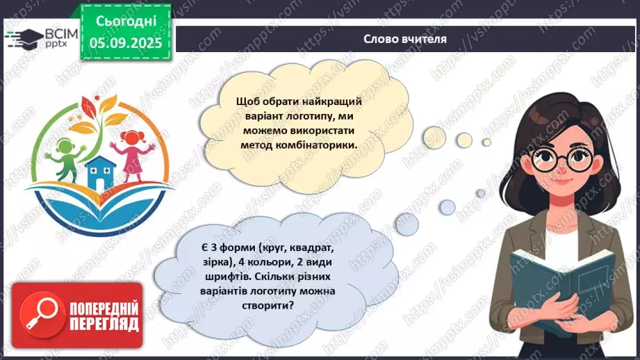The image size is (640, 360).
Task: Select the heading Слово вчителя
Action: click(x=404, y=38)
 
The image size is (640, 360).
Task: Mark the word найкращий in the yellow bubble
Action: click(x=338, y=101)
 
